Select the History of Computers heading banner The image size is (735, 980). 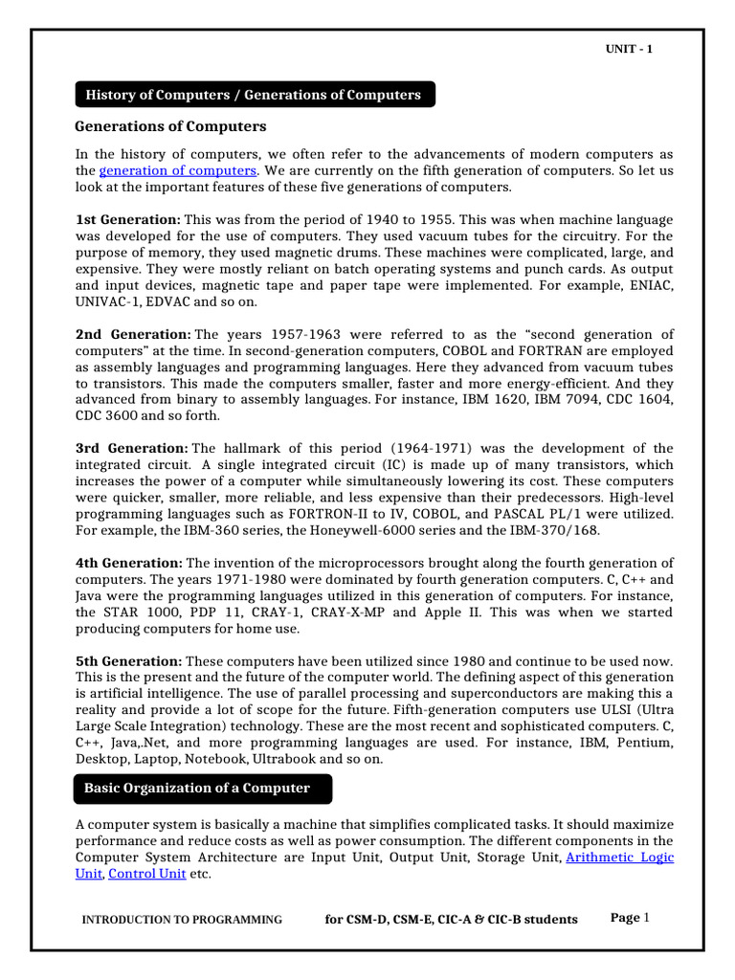click(x=254, y=95)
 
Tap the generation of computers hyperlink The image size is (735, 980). click(x=177, y=170)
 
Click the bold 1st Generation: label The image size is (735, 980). click(x=127, y=220)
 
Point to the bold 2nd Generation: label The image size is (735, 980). click(x=133, y=334)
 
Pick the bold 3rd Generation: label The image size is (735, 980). click(x=132, y=448)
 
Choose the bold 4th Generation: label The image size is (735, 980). click(x=128, y=563)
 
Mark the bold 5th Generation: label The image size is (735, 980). click(x=128, y=661)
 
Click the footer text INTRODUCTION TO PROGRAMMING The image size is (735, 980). click(x=182, y=920)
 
